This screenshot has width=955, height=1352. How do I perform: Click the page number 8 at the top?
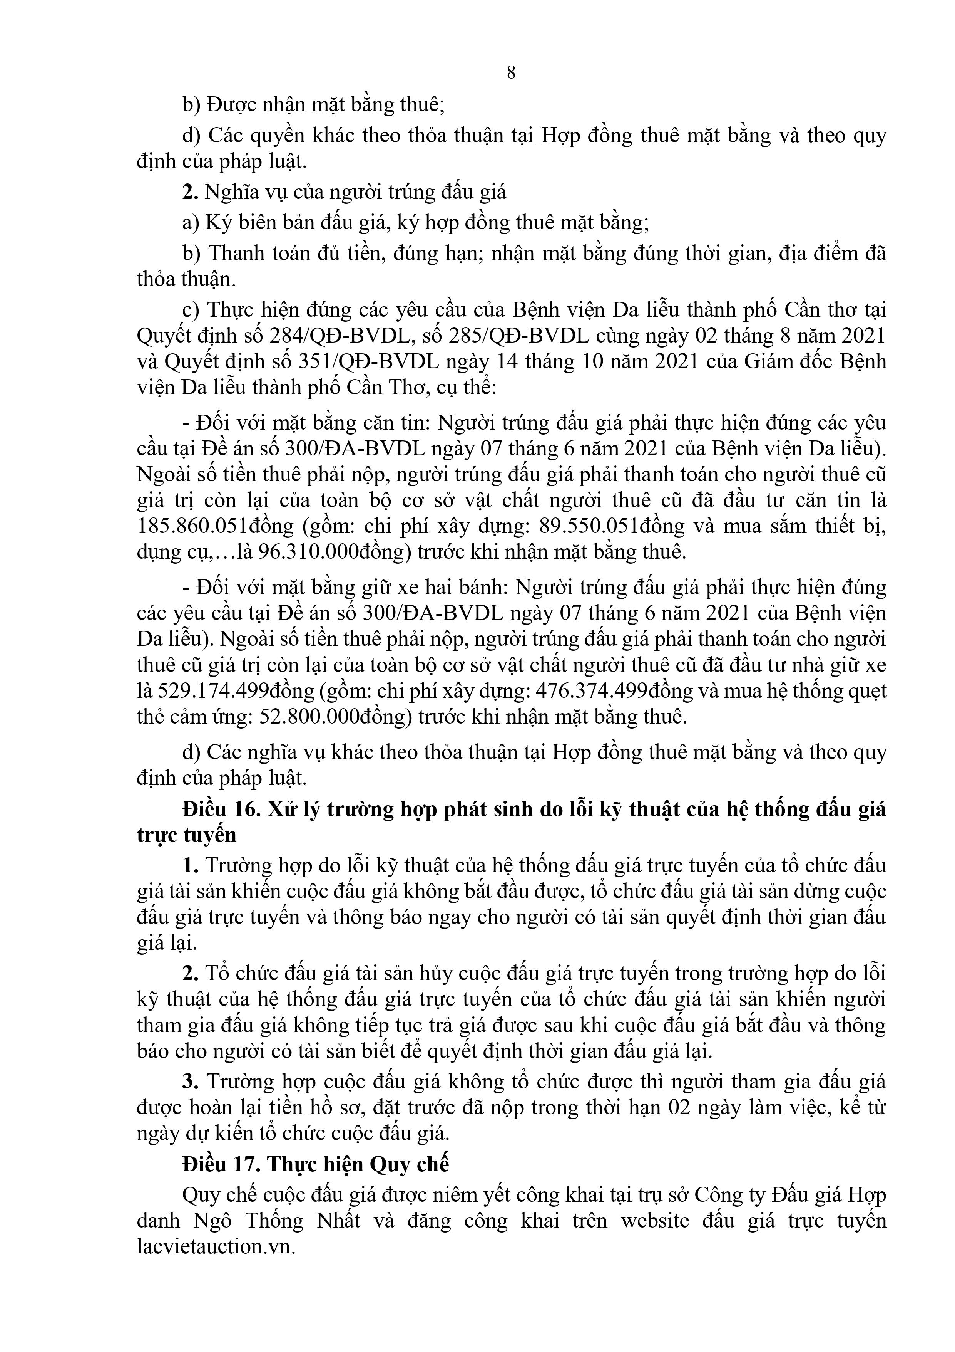point(511,72)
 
